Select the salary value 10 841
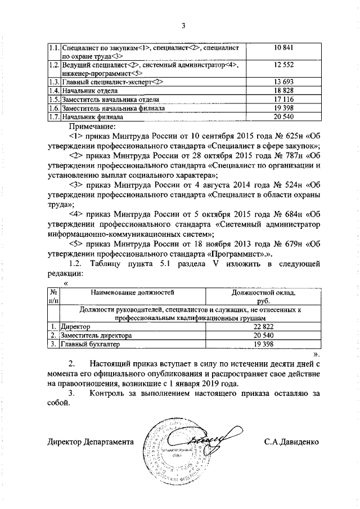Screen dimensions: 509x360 286,48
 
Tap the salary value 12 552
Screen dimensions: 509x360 286,66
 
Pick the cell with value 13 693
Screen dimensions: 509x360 286,82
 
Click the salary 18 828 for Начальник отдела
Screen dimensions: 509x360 286,90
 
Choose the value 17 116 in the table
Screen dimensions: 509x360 286,99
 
